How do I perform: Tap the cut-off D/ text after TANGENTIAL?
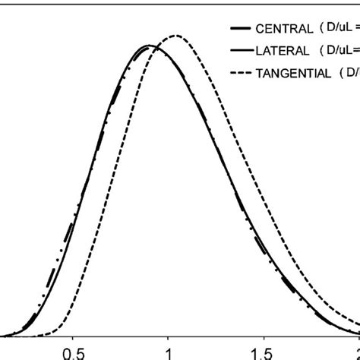coord(353,72)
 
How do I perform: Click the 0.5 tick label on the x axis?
coord(72,352)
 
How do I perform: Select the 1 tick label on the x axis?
coord(168,352)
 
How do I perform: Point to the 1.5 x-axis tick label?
coord(263,352)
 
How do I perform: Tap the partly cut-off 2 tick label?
coord(356,352)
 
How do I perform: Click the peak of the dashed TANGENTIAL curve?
coord(177,35)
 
